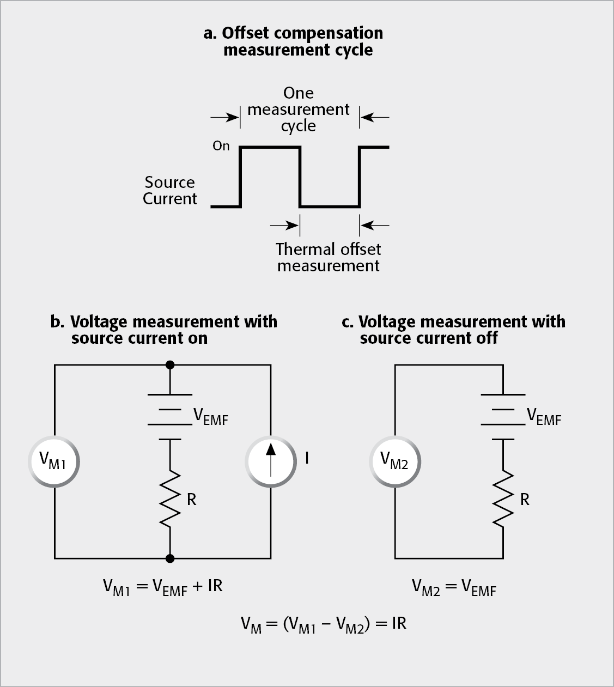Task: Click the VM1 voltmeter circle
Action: tap(53, 460)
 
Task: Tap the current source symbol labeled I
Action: tap(271, 460)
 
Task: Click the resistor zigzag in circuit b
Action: tap(170, 498)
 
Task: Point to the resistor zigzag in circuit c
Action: tap(503, 498)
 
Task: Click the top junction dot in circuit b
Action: tap(170, 364)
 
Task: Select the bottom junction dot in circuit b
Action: tap(170, 558)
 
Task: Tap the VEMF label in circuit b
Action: tap(211, 417)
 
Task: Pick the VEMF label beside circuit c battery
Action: tap(543, 417)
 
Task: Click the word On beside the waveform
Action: tap(221, 146)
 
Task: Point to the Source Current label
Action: tap(169, 190)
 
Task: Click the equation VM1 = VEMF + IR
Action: tap(163, 587)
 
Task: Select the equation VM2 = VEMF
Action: tap(454, 587)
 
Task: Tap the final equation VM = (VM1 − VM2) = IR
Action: tap(324, 624)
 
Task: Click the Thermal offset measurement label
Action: tap(328, 257)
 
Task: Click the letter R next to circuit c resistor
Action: tap(525, 500)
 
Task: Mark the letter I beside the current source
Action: tap(307, 458)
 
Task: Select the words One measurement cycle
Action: tap(299, 109)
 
